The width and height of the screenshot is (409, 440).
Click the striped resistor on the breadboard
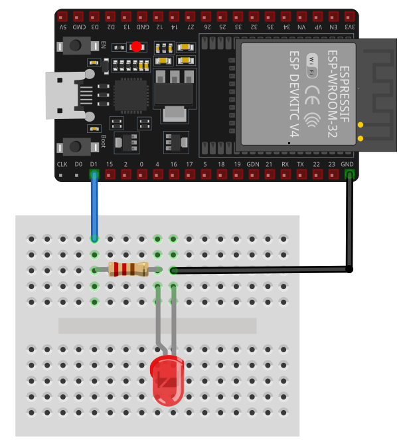click(x=128, y=269)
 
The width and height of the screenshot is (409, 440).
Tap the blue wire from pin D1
click(x=94, y=206)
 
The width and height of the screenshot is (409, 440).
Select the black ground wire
click(x=349, y=226)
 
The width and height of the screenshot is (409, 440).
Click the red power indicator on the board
click(x=136, y=47)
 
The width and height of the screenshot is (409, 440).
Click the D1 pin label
click(x=94, y=164)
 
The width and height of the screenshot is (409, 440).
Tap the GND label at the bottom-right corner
click(x=347, y=164)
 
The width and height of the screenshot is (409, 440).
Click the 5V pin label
click(x=62, y=27)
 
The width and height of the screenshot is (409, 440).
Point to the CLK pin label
click(x=62, y=164)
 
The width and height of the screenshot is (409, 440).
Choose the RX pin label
click(x=285, y=164)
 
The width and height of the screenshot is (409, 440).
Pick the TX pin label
click(x=301, y=164)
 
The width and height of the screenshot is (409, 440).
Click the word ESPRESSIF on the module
click(x=345, y=93)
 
